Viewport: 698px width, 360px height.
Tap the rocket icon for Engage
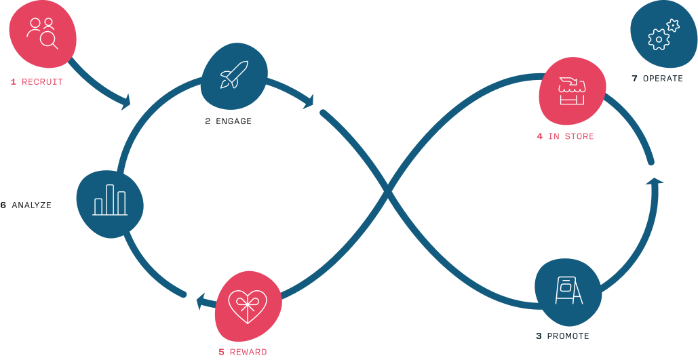click(234, 75)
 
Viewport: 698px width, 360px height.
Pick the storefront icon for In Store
click(571, 91)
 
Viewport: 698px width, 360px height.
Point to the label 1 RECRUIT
click(37, 82)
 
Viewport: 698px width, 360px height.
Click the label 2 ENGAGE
click(228, 122)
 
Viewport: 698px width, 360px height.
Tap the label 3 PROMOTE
click(562, 336)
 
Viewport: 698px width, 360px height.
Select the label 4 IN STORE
click(565, 137)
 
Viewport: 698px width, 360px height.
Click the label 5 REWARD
click(242, 352)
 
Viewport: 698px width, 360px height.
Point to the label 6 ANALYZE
click(26, 205)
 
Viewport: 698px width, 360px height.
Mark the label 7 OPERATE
click(657, 79)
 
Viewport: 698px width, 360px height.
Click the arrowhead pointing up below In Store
click(655, 181)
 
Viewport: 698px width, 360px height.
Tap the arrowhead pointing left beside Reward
click(201, 300)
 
